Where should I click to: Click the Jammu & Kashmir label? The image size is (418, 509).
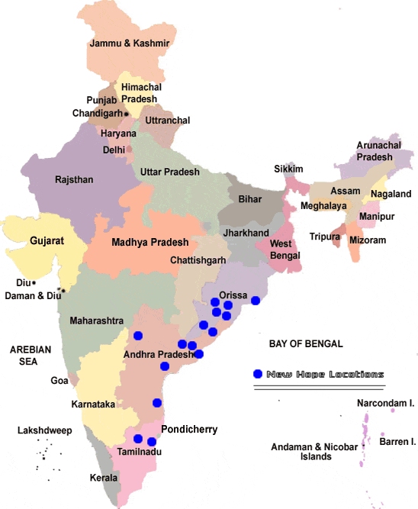click(129, 43)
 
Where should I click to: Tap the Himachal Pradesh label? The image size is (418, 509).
click(139, 93)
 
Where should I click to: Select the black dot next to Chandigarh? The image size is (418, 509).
click(127, 114)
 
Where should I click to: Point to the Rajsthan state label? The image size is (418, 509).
click(75, 179)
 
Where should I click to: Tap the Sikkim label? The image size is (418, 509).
click(289, 169)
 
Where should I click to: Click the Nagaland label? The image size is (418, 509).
click(391, 194)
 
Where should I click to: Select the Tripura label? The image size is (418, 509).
click(324, 237)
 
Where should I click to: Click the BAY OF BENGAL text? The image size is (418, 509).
click(306, 344)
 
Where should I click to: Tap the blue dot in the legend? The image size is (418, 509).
click(258, 374)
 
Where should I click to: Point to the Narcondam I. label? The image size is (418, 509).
click(386, 403)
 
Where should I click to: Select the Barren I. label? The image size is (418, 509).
click(397, 441)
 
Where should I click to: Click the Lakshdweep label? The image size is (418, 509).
click(44, 430)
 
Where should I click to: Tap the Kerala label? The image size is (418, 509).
click(103, 478)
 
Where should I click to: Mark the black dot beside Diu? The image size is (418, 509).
click(34, 282)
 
